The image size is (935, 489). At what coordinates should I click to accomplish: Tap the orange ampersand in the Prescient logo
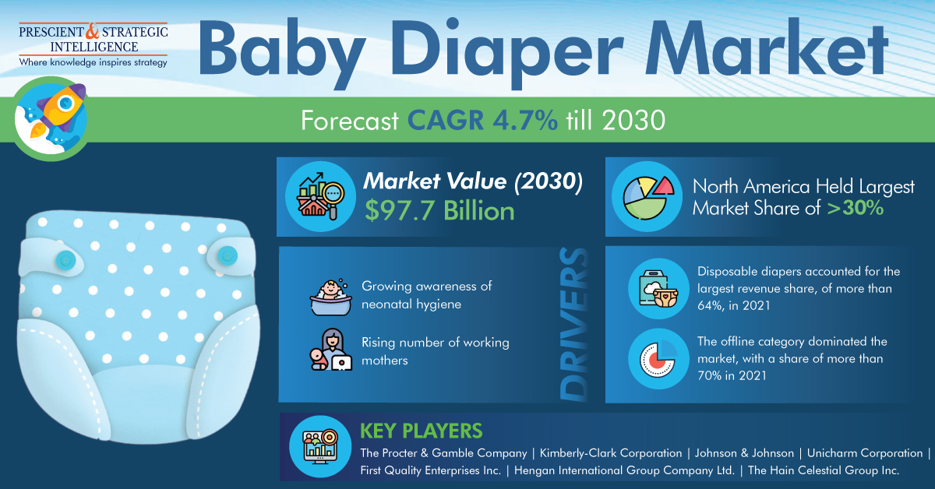(x=93, y=31)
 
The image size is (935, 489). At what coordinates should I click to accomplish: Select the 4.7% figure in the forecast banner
(x=525, y=120)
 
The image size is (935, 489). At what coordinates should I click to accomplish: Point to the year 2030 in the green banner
(x=633, y=120)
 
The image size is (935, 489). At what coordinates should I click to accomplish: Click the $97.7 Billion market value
(x=439, y=210)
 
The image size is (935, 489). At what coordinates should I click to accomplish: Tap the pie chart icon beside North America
(x=647, y=197)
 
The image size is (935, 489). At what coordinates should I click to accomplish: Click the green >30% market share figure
(x=856, y=208)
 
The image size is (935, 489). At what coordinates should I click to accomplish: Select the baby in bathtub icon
(x=330, y=297)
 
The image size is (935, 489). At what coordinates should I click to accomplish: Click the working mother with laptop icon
(x=331, y=350)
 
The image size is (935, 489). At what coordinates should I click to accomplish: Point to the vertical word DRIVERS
(x=574, y=324)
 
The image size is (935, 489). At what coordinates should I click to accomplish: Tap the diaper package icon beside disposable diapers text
(x=658, y=289)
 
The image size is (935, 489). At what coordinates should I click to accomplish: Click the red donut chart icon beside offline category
(x=658, y=359)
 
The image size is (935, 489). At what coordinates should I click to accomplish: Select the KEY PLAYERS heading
(x=422, y=431)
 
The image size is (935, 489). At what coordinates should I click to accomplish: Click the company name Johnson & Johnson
(x=744, y=453)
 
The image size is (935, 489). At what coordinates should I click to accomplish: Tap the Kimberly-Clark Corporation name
(x=611, y=453)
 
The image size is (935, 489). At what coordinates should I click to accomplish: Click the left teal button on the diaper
(x=66, y=260)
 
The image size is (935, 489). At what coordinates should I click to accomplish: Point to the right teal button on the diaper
(x=227, y=255)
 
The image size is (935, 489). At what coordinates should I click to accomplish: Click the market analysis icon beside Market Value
(x=320, y=196)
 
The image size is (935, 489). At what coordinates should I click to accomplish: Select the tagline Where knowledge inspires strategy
(x=93, y=62)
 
